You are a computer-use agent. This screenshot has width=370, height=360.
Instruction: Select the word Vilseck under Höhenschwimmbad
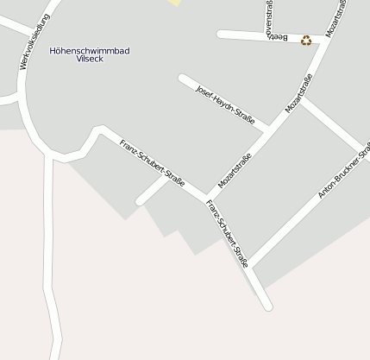90,60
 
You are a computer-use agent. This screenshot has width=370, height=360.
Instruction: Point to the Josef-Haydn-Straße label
225,104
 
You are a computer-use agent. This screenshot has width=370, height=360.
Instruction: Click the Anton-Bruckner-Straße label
343,169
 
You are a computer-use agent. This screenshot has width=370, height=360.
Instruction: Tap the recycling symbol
306,40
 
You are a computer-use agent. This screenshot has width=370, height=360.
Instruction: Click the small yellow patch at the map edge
175,3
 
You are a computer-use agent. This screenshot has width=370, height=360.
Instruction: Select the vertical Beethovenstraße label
271,19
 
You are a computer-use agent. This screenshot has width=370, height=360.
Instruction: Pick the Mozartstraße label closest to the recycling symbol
338,19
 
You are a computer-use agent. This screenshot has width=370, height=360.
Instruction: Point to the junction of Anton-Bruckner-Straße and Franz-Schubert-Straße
251,265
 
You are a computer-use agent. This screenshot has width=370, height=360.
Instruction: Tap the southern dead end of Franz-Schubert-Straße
268,306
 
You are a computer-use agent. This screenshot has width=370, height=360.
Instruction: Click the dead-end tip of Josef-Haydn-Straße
182,79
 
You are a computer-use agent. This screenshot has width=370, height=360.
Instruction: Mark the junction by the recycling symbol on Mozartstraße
325,40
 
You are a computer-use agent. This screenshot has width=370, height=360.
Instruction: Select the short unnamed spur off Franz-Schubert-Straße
153,191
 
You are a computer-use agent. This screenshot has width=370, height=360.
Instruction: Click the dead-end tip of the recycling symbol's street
221,35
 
